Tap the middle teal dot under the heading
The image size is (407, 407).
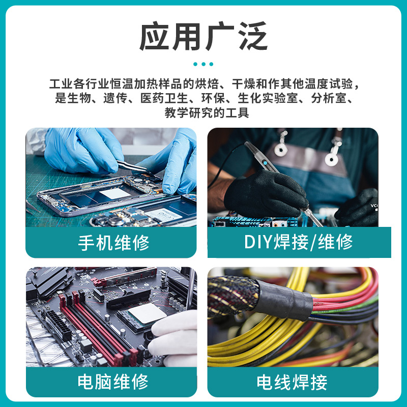pos(203,65)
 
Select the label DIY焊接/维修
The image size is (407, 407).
pos(299,242)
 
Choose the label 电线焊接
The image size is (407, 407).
pos(292,381)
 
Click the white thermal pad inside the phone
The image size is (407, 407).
pos(114,193)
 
